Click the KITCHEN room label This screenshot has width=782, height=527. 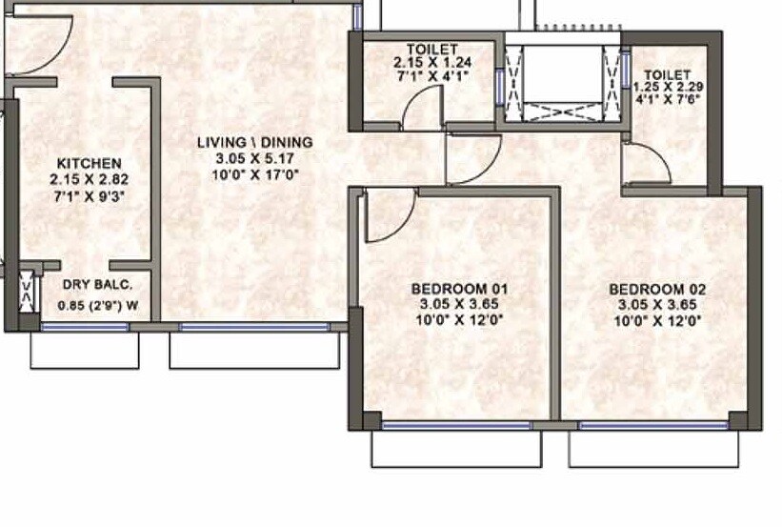coord(89,163)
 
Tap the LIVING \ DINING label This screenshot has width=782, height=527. coord(254,143)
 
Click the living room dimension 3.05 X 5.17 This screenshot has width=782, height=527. coord(254,159)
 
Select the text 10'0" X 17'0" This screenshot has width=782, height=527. coord(254,175)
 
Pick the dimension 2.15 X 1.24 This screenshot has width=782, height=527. coord(431,63)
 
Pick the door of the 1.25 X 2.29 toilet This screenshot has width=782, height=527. coord(646,163)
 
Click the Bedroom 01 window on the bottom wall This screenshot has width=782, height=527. coord(456,425)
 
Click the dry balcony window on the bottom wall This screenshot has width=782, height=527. coord(85,327)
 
